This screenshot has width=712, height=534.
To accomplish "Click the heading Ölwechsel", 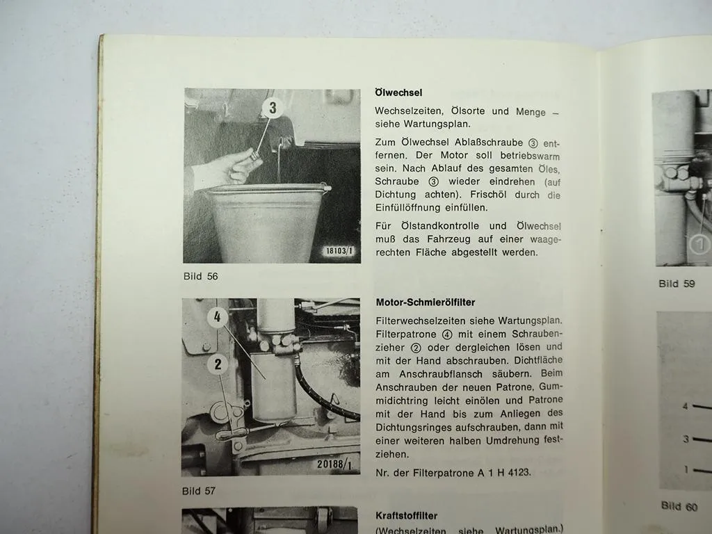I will point(398,92).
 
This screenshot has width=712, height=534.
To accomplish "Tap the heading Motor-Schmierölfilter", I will point(426,302).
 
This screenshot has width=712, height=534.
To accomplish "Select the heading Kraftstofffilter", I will point(406,516).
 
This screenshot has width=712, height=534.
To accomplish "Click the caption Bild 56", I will point(200,276).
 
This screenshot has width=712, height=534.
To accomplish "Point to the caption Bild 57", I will point(199,491).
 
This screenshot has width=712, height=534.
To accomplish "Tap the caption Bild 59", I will point(677,284).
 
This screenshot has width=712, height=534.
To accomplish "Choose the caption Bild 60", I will point(679,506).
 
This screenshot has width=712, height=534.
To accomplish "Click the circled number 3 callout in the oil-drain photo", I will point(273,108).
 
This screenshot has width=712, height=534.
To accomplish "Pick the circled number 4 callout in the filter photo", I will point(218,318).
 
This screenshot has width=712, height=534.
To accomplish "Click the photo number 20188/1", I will point(339,463).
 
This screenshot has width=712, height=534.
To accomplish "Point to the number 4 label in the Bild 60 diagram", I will point(686,406).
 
